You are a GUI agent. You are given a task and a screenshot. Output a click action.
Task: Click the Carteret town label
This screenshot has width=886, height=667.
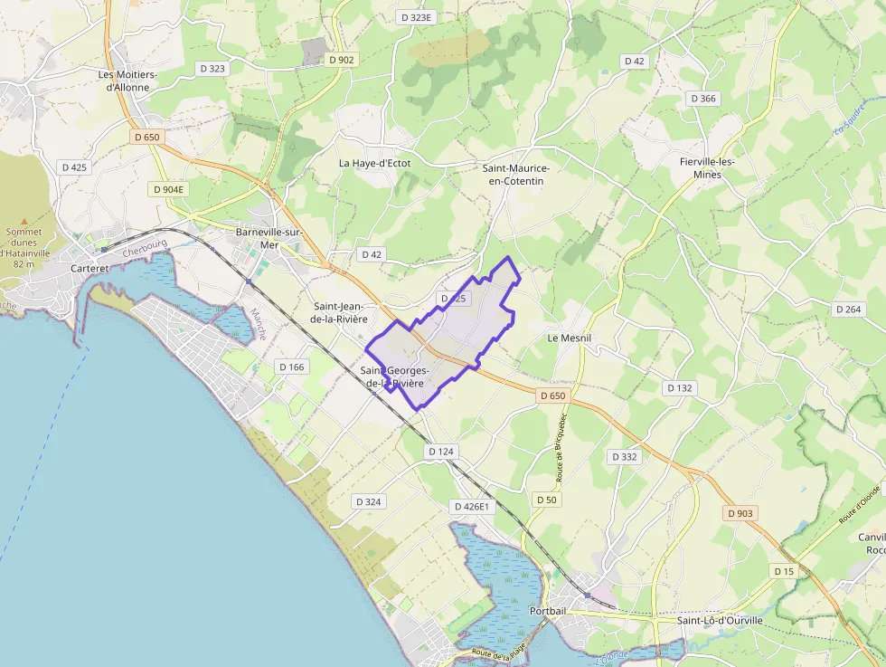pyautogui.click(x=90, y=269)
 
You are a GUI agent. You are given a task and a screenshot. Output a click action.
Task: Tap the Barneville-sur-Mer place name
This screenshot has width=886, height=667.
pyautogui.click(x=269, y=238)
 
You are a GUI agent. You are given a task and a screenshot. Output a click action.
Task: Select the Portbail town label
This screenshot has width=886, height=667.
pyautogui.click(x=548, y=611)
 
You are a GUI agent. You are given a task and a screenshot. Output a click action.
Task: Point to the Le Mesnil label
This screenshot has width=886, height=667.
pyautogui.click(x=570, y=338)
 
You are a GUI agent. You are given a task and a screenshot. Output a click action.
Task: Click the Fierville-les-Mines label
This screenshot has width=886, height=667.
pyautogui.click(x=707, y=167)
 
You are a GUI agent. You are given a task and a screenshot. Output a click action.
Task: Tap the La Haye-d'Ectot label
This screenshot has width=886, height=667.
pyautogui.click(x=374, y=163)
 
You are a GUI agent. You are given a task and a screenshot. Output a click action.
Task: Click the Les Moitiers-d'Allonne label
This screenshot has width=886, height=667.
pyautogui.click(x=127, y=81)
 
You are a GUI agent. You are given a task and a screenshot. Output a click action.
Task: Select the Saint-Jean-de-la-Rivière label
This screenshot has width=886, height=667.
pyautogui.click(x=339, y=312)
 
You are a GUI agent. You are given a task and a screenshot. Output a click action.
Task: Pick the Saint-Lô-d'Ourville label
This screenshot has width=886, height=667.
pyautogui.click(x=720, y=621)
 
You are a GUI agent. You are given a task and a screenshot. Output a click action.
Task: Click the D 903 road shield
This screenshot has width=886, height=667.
pyautogui.click(x=740, y=513)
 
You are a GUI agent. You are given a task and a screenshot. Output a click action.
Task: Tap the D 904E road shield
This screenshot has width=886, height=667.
pyautogui.click(x=168, y=189)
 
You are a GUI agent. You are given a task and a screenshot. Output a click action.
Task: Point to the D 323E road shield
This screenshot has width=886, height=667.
pyautogui.click(x=417, y=17)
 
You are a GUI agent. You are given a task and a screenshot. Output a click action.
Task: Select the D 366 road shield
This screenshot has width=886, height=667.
pyautogui.click(x=702, y=99)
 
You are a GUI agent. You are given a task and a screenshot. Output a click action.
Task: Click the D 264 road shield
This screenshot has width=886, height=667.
pyautogui.click(x=849, y=310)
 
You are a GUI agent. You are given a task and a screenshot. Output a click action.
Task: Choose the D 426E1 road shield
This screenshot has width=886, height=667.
pyautogui.click(x=472, y=507)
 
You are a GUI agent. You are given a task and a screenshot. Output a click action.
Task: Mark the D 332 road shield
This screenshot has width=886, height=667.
pyautogui.click(x=624, y=457)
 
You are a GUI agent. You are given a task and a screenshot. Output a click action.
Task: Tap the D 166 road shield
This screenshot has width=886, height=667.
pyautogui.click(x=292, y=367)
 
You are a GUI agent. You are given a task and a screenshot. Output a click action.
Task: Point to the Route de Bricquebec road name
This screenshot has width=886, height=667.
pyautogui.click(x=561, y=448)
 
